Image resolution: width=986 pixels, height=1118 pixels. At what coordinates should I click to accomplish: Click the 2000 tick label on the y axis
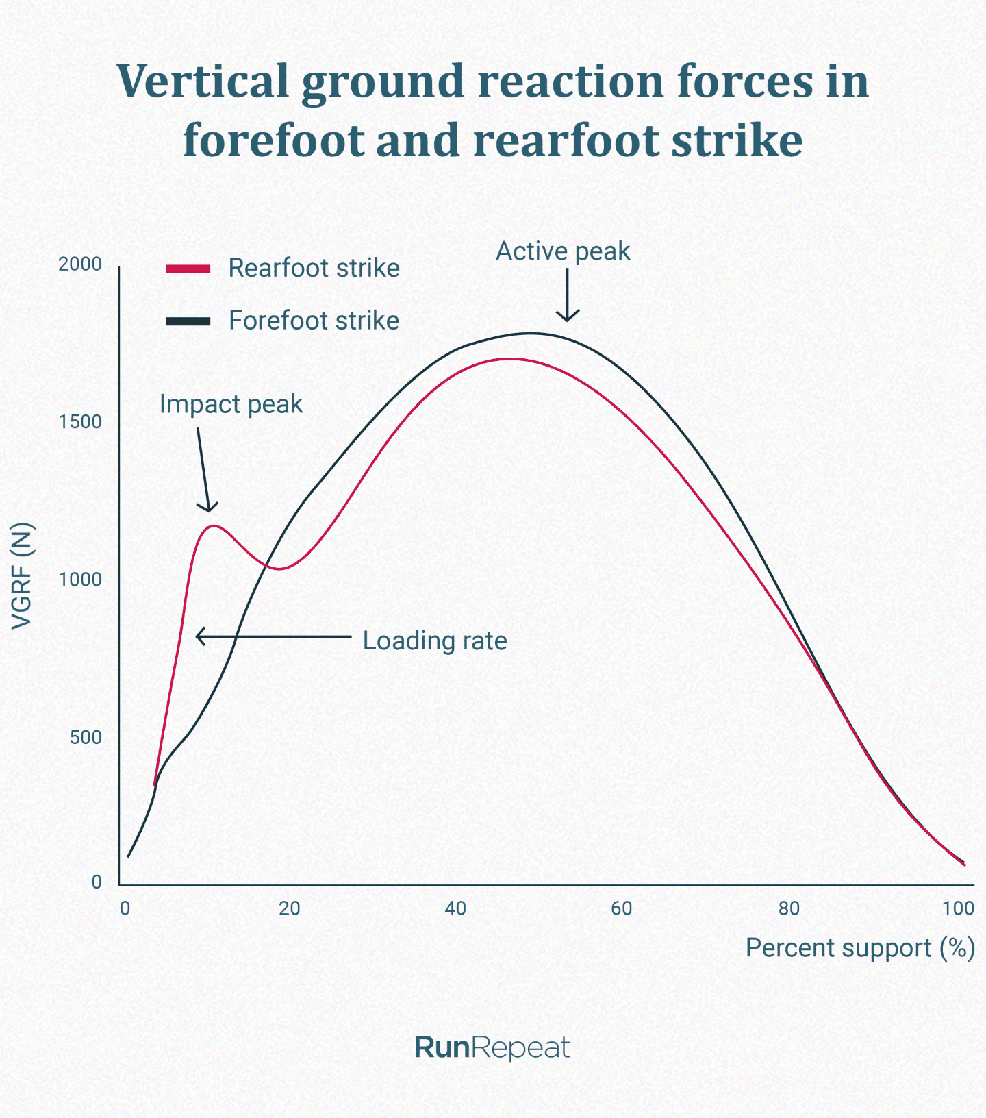[x=79, y=264]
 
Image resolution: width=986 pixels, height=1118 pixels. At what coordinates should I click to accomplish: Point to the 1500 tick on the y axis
[x=80, y=422]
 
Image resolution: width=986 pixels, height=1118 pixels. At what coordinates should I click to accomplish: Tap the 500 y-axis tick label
[x=86, y=738]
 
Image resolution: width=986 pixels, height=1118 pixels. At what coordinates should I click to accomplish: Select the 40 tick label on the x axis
[x=455, y=908]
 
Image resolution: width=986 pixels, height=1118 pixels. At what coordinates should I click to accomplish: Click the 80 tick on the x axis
[x=789, y=908]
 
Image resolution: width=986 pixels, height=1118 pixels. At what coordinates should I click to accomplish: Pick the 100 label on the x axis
[x=957, y=908]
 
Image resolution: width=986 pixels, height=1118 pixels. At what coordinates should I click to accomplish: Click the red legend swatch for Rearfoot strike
[x=188, y=269]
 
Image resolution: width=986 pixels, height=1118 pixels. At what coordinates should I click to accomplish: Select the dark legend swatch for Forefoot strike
[x=188, y=321]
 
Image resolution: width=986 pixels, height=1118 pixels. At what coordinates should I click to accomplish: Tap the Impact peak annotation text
[x=231, y=404]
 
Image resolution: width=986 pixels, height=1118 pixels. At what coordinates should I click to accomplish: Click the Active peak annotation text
[x=562, y=251]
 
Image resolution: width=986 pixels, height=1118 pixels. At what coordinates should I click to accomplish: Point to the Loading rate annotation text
[x=435, y=641]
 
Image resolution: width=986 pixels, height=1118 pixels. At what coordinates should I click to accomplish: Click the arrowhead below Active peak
[x=567, y=316]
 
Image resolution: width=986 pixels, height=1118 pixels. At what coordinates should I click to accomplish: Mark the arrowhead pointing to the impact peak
[x=208, y=507]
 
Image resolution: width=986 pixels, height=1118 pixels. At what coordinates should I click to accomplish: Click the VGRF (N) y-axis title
[x=22, y=575]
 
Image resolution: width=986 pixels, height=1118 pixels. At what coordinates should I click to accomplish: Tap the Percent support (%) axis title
[x=859, y=948]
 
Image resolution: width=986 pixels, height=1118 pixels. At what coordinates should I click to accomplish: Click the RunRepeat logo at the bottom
[x=492, y=1047]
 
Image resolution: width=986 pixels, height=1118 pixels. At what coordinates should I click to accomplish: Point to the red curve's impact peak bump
[x=214, y=525]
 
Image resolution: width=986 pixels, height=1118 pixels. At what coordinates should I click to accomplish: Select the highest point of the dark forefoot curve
[x=531, y=334]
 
